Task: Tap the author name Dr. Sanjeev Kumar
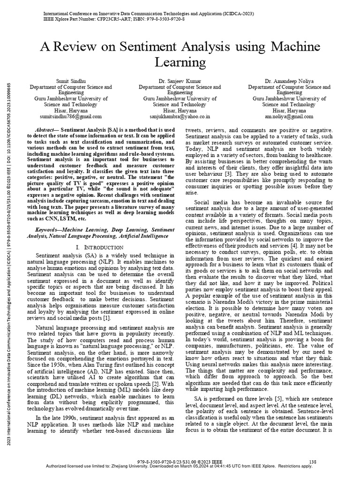[180, 82]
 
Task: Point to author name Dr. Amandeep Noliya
[289, 82]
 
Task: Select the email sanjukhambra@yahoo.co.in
[180, 115]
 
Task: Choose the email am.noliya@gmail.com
[289, 115]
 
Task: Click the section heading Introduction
[100, 247]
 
